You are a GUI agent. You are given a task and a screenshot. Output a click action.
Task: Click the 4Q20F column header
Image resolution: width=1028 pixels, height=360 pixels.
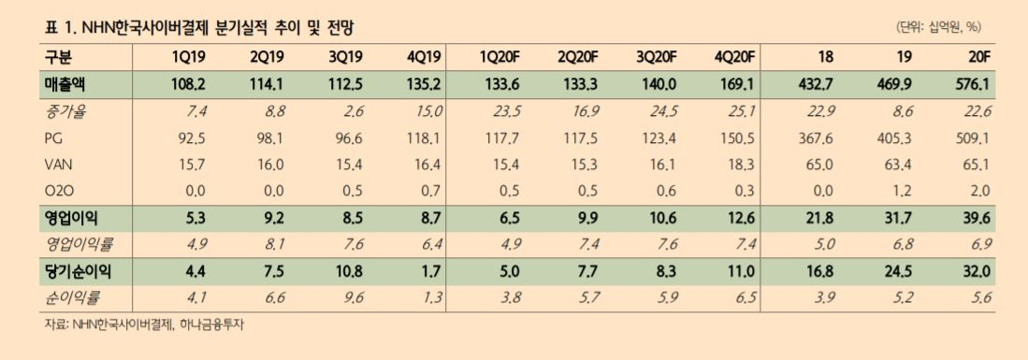tap(735, 57)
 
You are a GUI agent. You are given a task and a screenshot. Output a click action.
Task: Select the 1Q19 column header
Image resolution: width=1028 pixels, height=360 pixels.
tap(190, 57)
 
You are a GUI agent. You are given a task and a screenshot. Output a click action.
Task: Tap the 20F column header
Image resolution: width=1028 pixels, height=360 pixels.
tap(978, 57)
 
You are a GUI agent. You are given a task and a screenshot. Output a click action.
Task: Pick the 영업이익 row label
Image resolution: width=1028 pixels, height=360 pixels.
tap(66, 218)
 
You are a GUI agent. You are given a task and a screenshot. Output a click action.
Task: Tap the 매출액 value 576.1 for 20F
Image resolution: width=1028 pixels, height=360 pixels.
tap(973, 85)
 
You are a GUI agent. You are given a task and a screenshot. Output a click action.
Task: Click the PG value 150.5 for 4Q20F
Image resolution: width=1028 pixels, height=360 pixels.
tap(740, 137)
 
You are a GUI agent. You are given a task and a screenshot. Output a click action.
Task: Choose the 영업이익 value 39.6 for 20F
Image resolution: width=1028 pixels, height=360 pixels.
tap(977, 218)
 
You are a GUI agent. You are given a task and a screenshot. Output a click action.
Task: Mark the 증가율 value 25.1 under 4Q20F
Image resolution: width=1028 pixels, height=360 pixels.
tap(744, 111)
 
